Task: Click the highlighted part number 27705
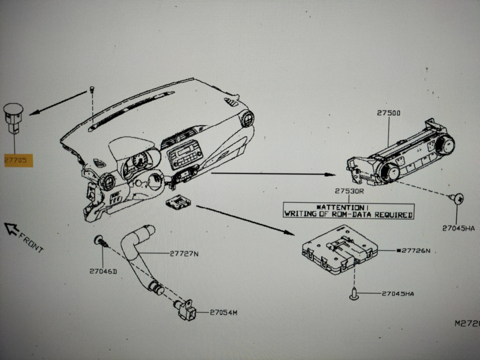pyautogui.click(x=18, y=160)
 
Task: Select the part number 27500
pyautogui.click(x=389, y=113)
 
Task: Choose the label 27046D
pyautogui.click(x=103, y=271)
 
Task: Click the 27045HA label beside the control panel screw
pyautogui.click(x=458, y=228)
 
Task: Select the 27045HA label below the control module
pyautogui.click(x=398, y=293)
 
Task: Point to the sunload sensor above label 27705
pyautogui.click(x=14, y=112)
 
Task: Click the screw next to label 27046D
pyautogui.click(x=100, y=242)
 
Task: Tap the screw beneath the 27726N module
pyautogui.click(x=353, y=293)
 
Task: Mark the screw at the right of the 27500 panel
pyautogui.click(x=457, y=197)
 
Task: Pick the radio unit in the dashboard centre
pyautogui.click(x=182, y=158)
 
